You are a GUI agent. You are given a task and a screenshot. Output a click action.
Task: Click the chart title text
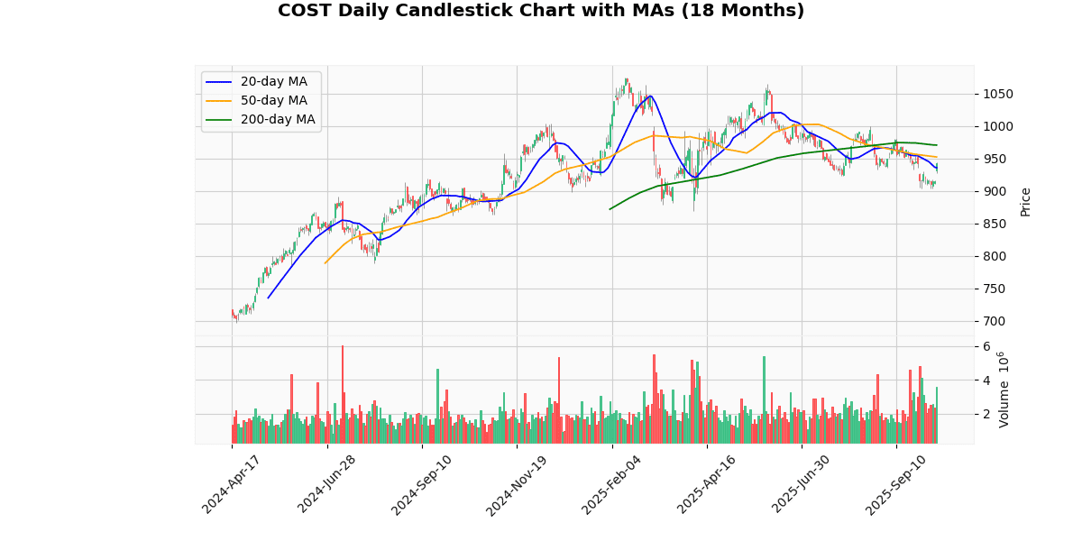[541, 11]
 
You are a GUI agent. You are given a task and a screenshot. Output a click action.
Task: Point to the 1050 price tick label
[998, 94]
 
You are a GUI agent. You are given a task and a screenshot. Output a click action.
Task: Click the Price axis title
[1025, 201]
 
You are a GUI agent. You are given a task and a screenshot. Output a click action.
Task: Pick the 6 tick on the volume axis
[986, 346]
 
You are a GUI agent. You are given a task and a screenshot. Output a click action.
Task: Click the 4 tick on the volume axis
[986, 380]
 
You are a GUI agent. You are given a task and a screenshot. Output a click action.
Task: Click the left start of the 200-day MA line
[610, 209]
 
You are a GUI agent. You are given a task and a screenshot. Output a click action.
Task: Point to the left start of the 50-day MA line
[326, 263]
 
